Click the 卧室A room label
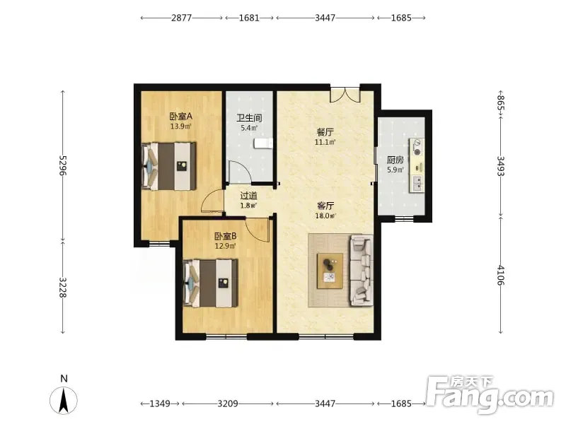[181, 117]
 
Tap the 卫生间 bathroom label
[249, 118]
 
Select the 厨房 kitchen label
[395, 160]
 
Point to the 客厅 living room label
[325, 206]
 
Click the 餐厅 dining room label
[325, 132]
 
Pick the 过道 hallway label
[249, 196]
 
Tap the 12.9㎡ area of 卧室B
[225, 246]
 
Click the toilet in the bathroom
[262, 143]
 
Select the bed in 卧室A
[169, 166]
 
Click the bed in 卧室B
[211, 283]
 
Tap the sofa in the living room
[362, 271]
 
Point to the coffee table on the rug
[330, 271]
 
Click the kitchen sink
[417, 184]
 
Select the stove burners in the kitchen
[417, 148]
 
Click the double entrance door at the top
[345, 95]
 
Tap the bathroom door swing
[238, 171]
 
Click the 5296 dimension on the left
[63, 165]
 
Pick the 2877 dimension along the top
[181, 18]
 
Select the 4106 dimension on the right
[500, 275]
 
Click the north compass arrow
[64, 400]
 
